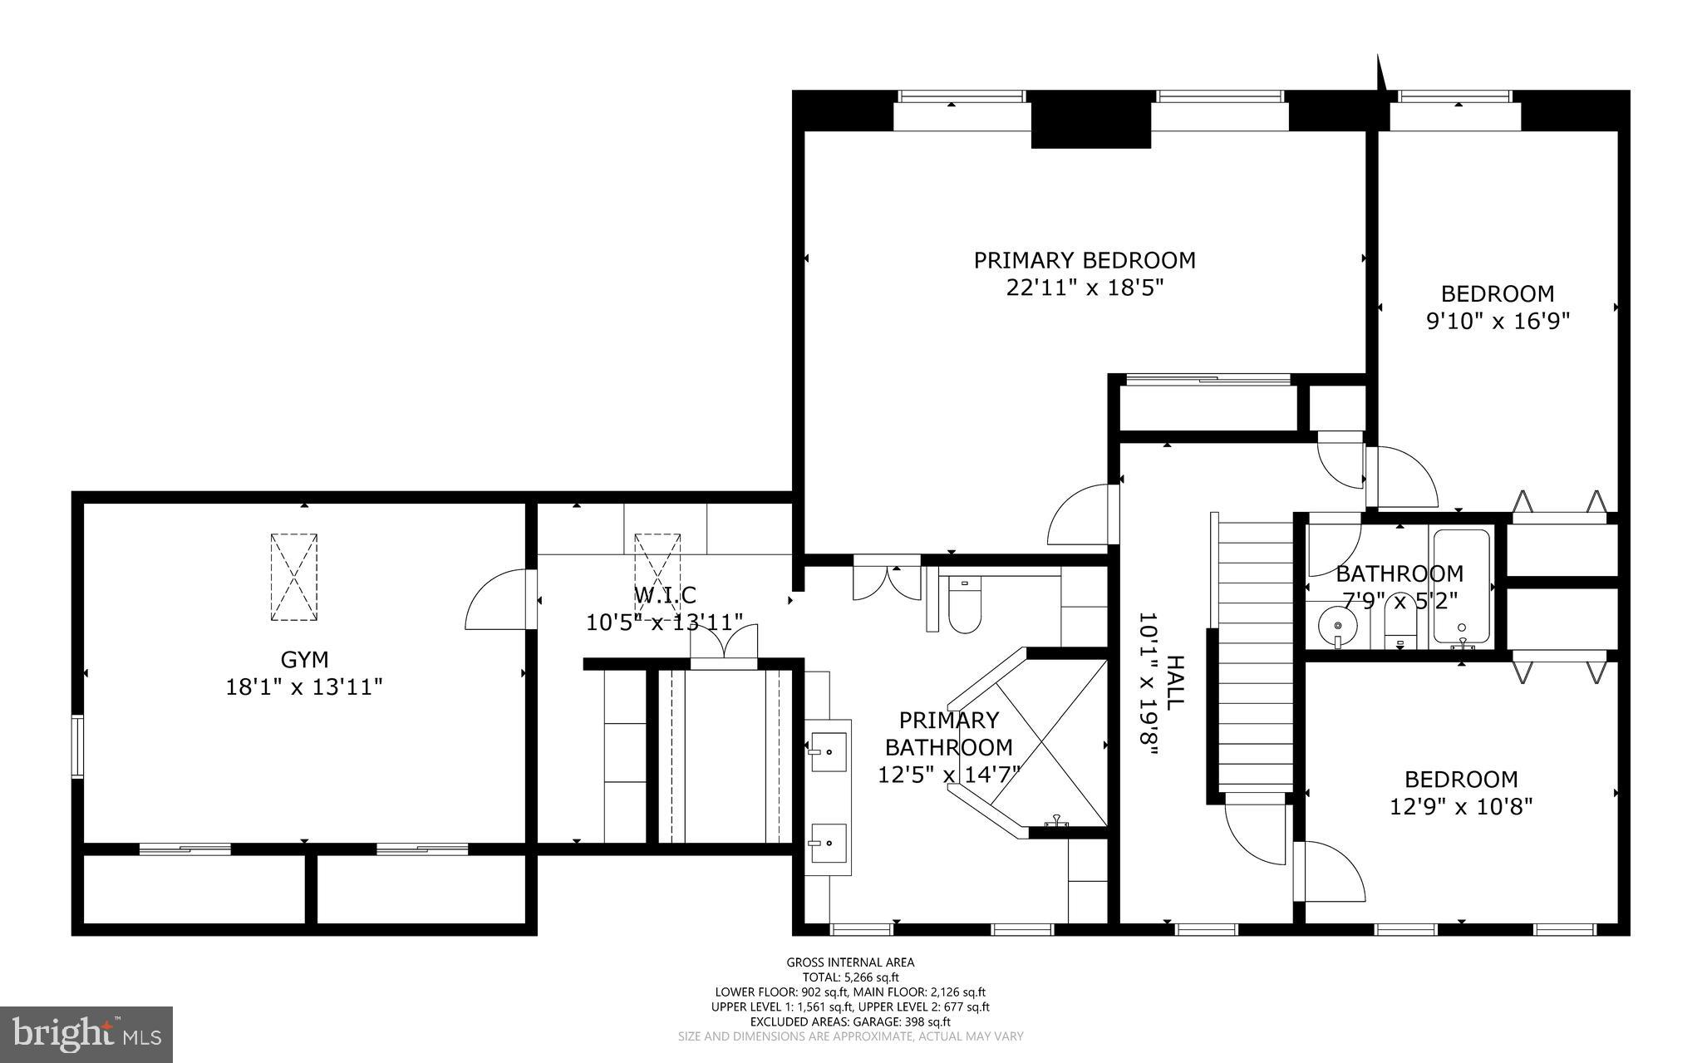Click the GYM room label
point(304,659)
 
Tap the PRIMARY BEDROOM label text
point(1085,260)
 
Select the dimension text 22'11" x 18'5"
point(1085,288)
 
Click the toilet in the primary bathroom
point(964,606)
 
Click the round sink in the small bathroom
point(1337,625)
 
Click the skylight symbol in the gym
point(294,577)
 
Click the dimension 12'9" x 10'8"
point(1461,806)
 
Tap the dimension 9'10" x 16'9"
point(1498,321)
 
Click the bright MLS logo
point(86,1033)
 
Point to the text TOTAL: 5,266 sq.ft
point(850,977)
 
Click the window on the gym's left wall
point(76,746)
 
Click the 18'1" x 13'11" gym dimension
point(304,687)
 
